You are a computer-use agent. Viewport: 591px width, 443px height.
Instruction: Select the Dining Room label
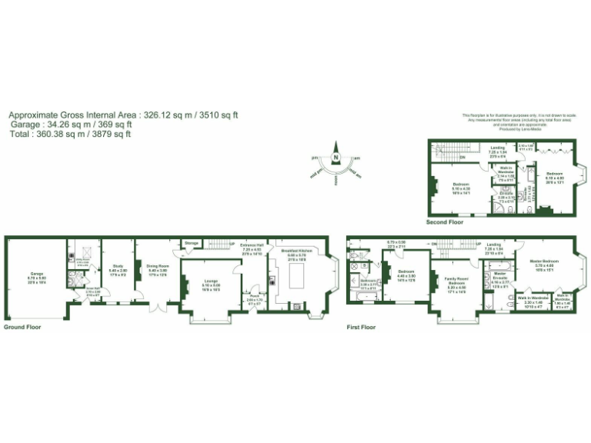[x=158, y=268]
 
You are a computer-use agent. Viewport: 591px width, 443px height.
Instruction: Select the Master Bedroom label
[x=544, y=263]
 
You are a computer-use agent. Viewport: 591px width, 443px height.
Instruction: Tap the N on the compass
[x=336, y=159]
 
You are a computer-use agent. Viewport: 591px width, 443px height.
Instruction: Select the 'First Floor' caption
[x=361, y=327]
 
